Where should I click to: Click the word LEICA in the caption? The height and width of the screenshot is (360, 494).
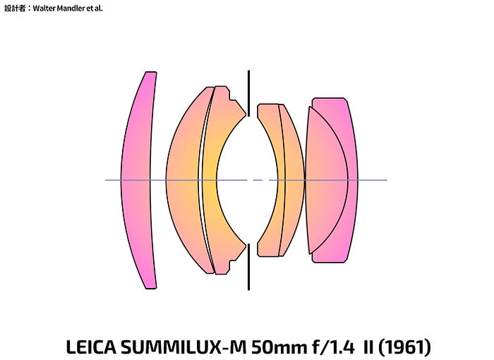91,347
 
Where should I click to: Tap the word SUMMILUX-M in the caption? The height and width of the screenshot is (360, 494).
183,347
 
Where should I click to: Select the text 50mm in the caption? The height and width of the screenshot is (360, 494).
279,347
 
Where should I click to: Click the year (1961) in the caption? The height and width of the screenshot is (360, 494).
404,347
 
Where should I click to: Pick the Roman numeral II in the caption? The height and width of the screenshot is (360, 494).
368,347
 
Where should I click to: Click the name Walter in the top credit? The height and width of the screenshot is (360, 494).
44,8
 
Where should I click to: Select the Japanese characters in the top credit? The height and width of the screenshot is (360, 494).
15,8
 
